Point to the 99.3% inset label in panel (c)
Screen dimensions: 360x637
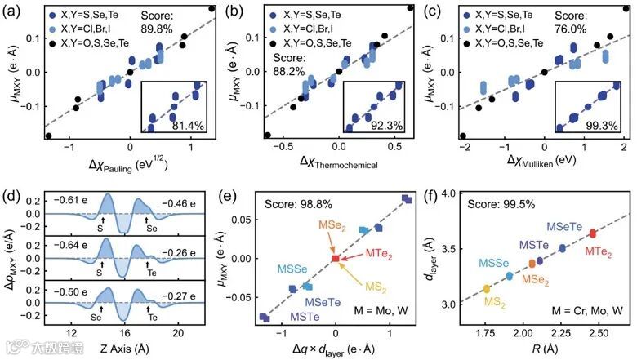pos(601,125)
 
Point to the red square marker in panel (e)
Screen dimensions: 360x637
pos(335,258)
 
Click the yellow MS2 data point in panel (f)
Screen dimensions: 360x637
pos(487,289)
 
